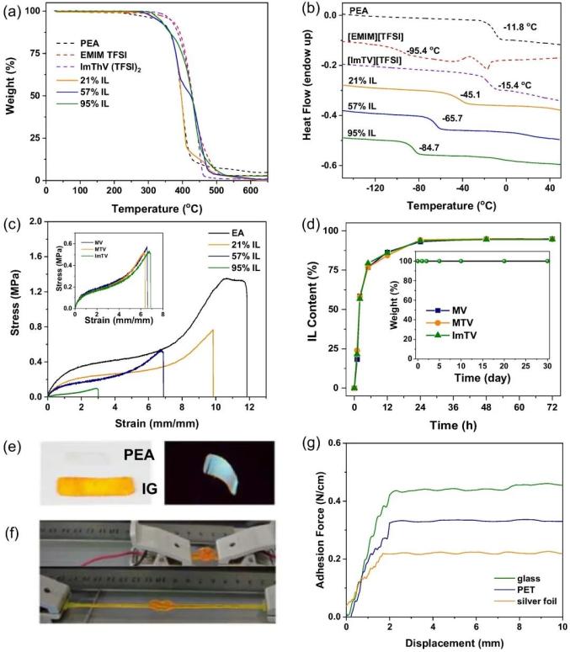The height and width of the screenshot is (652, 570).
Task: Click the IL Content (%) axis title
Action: click(309, 309)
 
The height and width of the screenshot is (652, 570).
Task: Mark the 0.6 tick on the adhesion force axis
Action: click(335, 443)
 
